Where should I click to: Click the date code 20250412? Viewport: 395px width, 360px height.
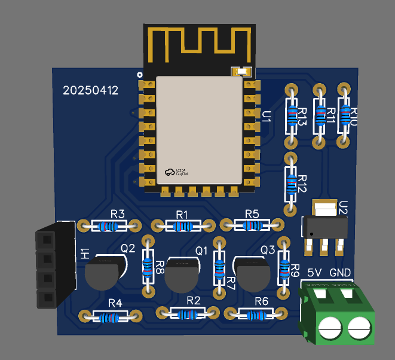[x=91, y=91]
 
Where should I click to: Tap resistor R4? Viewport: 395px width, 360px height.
[x=111, y=316]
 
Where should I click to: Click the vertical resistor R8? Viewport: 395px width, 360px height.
[x=148, y=266]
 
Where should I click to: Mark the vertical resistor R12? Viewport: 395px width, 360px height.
[x=290, y=184]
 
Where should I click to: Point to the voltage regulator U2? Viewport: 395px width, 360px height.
[x=324, y=226]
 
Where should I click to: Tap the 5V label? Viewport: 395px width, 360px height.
[x=315, y=273]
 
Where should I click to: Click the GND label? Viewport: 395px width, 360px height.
[x=340, y=273]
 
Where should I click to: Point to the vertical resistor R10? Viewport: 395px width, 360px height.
[x=344, y=115]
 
